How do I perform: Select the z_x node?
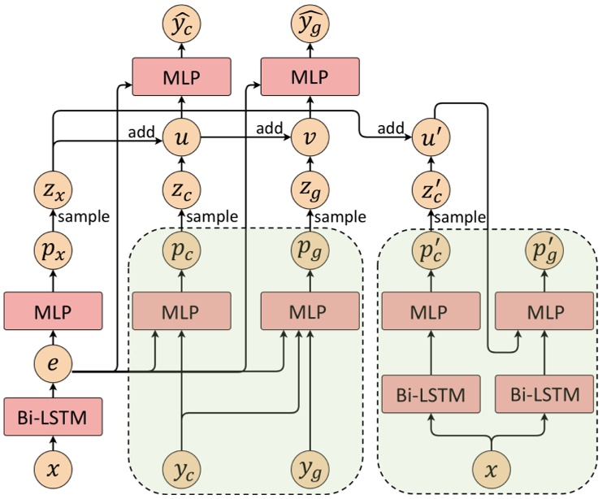tap(54, 190)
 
